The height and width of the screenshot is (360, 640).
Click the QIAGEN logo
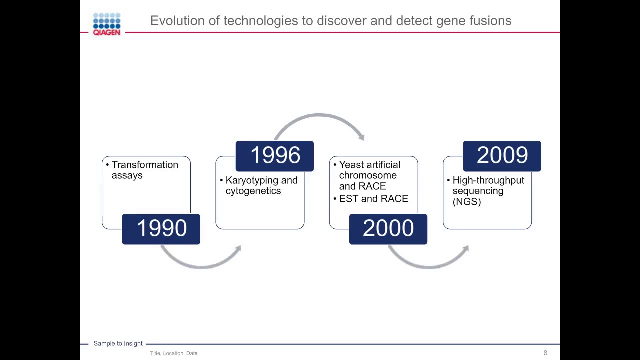coord(107,24)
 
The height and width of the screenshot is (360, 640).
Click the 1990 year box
coord(161,229)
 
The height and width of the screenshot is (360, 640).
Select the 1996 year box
coord(274,156)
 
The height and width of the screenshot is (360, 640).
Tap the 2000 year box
coord(388,229)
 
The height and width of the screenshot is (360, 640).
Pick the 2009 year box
coord(502,156)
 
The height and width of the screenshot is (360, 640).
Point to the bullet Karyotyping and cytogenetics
coord(261,185)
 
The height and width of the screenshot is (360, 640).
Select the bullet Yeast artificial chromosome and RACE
coord(369,175)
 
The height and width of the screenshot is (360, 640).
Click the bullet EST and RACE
coord(373,199)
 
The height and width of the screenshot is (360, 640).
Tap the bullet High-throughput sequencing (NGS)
coord(488,191)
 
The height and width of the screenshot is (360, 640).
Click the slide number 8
coord(545,353)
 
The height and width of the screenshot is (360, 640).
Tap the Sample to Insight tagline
coord(118,343)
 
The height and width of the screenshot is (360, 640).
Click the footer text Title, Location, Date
coord(174,353)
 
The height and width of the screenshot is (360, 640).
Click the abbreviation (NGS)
coord(466,202)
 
